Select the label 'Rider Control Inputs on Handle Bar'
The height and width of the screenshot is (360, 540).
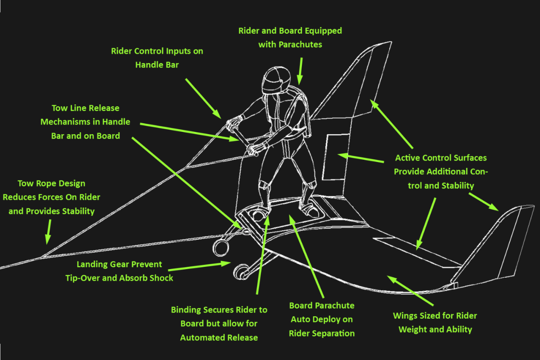tap(157, 58)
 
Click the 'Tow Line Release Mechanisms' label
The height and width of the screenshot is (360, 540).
tap(85, 121)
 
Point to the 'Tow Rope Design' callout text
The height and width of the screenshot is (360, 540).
tap(51, 197)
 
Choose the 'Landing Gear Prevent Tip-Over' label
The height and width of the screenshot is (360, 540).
tap(119, 271)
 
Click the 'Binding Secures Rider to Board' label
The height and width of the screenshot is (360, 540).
tap(219, 323)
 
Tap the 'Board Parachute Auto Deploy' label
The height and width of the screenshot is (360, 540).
tap(322, 319)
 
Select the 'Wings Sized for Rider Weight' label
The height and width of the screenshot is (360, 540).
tap(435, 322)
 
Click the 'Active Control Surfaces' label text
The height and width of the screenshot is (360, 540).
tap(441, 171)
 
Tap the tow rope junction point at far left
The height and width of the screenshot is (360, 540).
tap(41, 257)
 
